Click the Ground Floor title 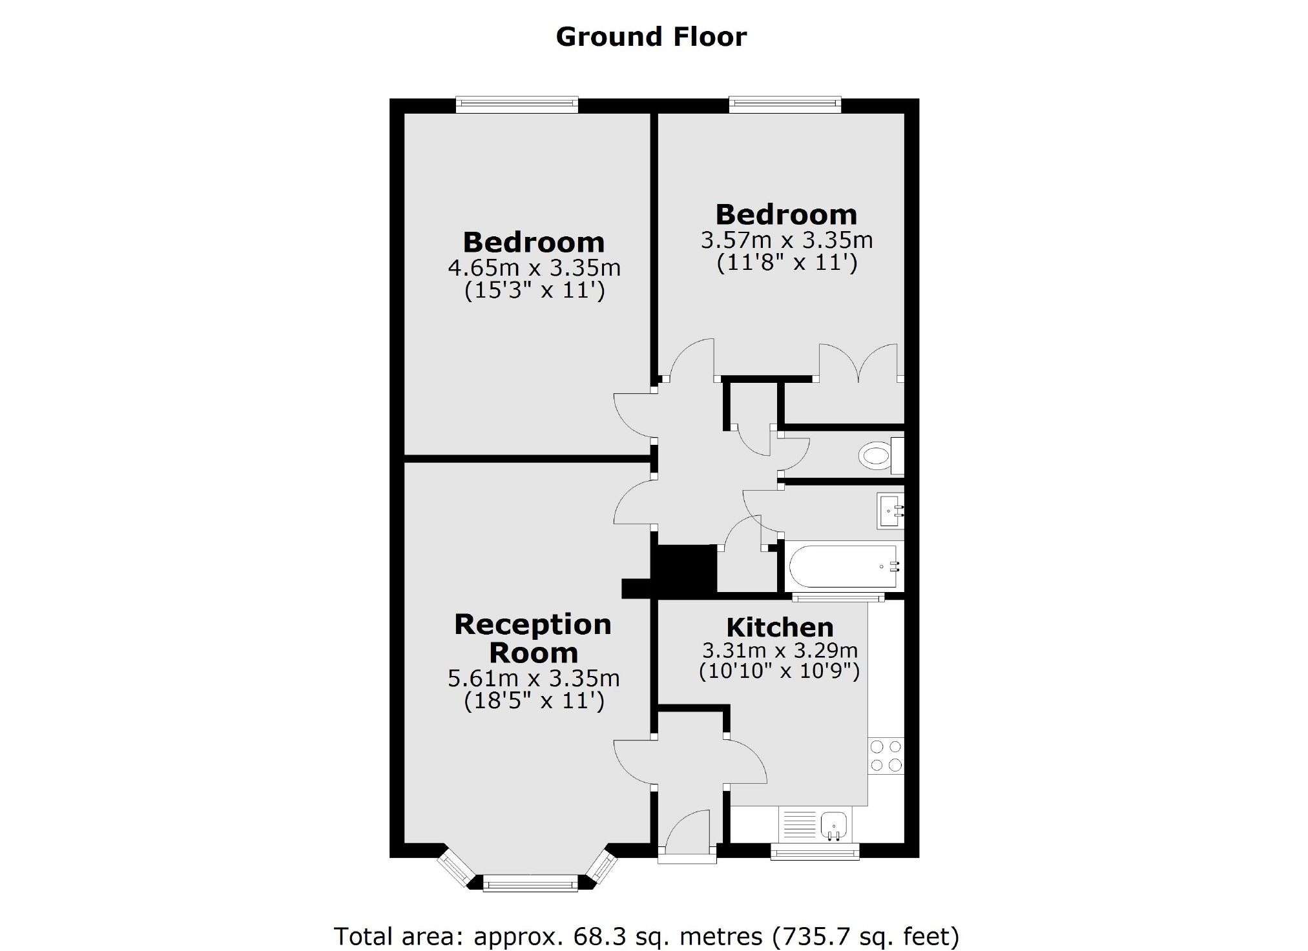(651, 37)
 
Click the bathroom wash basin (890, 511)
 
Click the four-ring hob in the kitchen (886, 756)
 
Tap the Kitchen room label (780, 628)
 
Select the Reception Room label (533, 639)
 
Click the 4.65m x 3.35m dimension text (534, 267)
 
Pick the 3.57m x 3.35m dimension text (787, 240)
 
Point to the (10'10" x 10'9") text (779, 671)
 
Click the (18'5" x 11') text (534, 700)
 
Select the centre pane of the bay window (530, 883)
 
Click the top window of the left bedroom (517, 104)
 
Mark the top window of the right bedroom (785, 104)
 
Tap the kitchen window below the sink (815, 852)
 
